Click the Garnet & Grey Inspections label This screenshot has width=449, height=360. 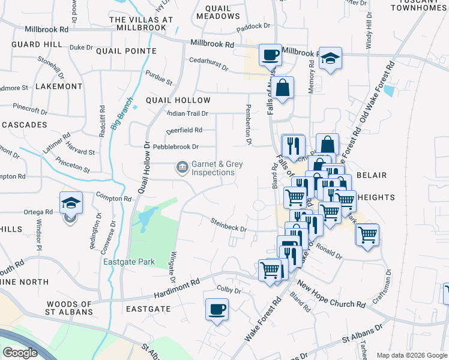click(212, 168)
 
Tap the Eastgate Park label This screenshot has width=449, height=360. click(128, 262)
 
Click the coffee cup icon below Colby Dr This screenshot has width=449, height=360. click(217, 310)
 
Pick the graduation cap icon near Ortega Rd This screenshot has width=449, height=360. click(71, 203)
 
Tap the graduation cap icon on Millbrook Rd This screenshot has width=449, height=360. click(330, 58)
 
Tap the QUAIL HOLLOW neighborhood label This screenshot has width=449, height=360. click(178, 100)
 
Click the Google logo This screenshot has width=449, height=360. click(20, 353)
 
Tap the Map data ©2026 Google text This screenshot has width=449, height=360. click(412, 355)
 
